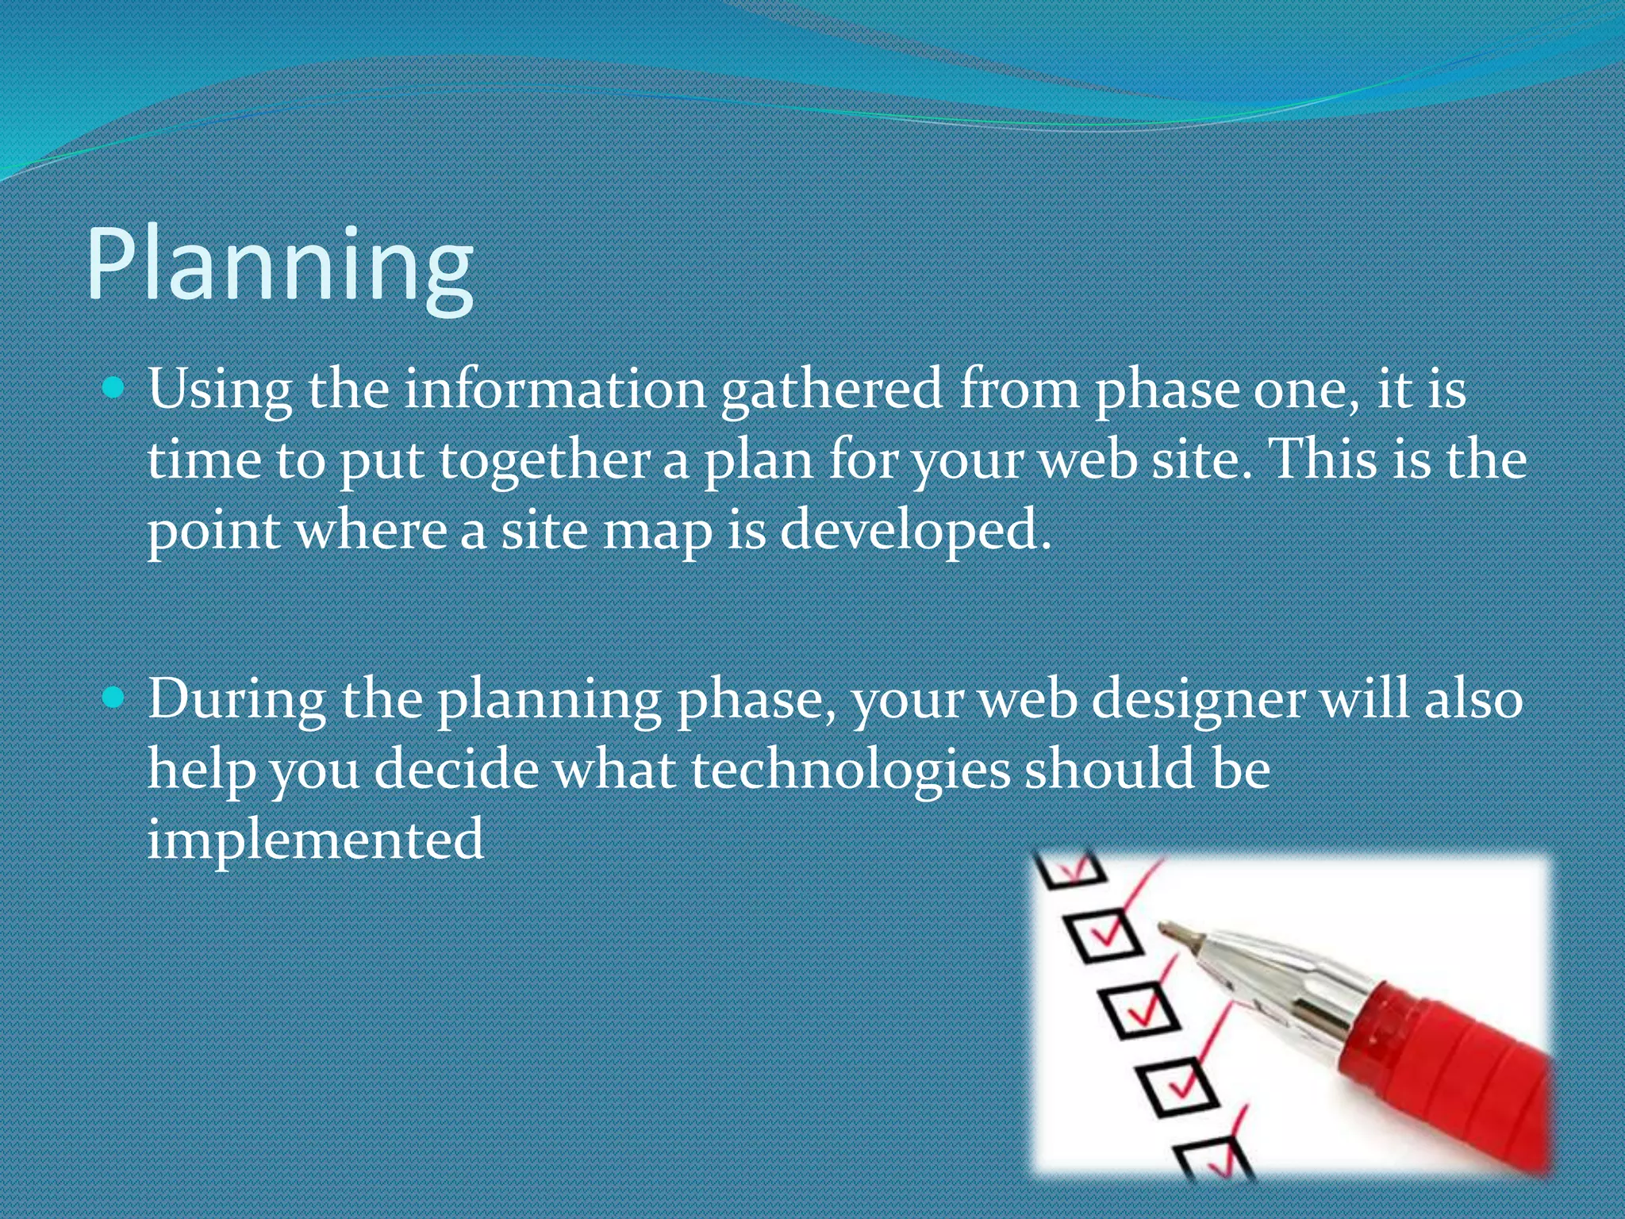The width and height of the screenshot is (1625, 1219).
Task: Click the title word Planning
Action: click(x=279, y=266)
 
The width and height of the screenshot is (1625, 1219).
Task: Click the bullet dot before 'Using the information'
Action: click(x=114, y=388)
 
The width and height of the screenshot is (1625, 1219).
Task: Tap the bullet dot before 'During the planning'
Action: click(x=114, y=698)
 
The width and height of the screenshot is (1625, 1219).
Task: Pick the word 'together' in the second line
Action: click(x=544, y=460)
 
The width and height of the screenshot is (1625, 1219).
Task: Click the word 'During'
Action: click(x=236, y=699)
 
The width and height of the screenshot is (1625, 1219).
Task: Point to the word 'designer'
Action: click(x=1198, y=701)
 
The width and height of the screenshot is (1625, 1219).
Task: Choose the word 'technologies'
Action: click(x=851, y=770)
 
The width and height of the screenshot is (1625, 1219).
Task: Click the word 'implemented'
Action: click(x=315, y=839)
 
